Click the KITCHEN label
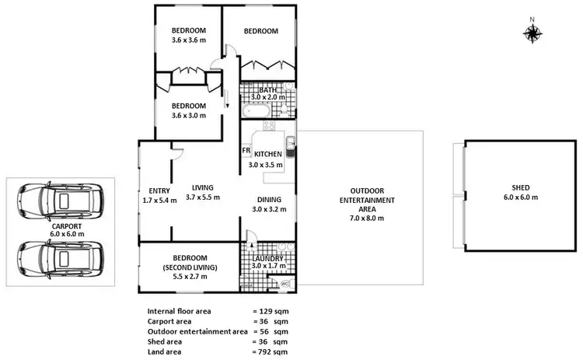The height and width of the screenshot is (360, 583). click(x=267, y=154)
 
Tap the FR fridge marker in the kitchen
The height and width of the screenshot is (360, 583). click(x=246, y=150)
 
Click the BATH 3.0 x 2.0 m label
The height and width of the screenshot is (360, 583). click(x=268, y=93)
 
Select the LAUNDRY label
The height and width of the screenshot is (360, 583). click(x=267, y=259)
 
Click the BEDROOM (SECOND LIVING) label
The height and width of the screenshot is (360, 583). click(x=189, y=263)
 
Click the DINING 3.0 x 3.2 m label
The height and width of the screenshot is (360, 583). click(x=267, y=204)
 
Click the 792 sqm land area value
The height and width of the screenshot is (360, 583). click(x=269, y=351)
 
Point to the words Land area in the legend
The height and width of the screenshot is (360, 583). click(x=166, y=351)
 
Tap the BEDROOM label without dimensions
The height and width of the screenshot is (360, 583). click(x=260, y=31)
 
